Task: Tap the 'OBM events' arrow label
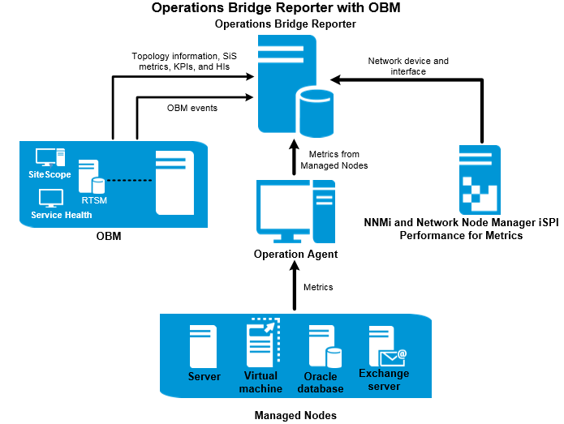(192, 108)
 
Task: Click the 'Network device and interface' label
(407, 66)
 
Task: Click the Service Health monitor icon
(51, 198)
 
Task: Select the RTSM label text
(94, 200)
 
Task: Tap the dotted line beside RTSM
(130, 180)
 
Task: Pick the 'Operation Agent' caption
(295, 255)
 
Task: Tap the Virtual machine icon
(262, 344)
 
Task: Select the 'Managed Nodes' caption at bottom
(295, 415)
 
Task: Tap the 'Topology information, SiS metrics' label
(181, 62)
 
